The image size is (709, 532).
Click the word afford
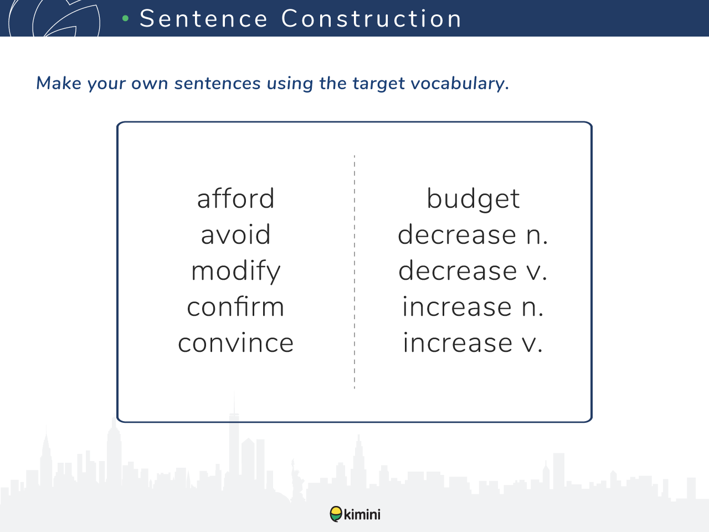point(235,198)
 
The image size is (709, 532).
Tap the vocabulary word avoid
point(235,234)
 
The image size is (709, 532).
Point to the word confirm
point(235,306)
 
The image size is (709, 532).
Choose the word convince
point(235,342)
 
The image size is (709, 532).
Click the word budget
point(473,199)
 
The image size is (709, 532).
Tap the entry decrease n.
point(473,234)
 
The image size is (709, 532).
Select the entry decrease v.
point(473,270)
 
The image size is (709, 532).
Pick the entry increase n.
point(473,306)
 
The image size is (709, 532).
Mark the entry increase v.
point(473,342)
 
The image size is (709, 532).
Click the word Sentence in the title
point(203,19)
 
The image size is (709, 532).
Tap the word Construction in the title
point(372,19)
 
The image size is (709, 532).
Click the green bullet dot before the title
point(126,19)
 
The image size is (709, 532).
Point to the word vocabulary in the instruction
point(460,83)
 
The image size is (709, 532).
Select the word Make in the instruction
point(59,83)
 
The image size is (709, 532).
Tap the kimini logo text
point(362,514)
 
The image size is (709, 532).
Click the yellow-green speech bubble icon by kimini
point(336,514)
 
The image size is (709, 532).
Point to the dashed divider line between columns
point(354,272)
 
